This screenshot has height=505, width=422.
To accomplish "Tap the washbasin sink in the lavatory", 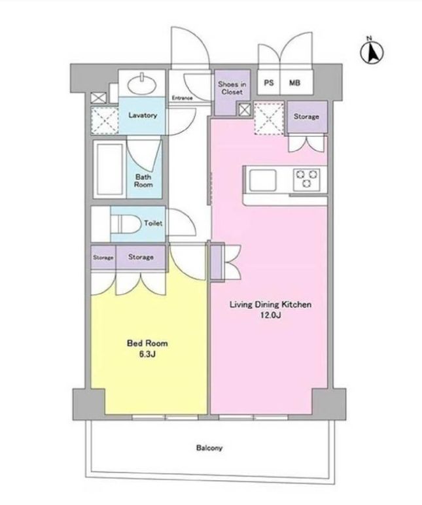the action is (x=142, y=84).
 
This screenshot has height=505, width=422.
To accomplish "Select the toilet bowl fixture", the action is (x=126, y=224).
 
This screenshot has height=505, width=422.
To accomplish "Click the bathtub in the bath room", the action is (x=109, y=169).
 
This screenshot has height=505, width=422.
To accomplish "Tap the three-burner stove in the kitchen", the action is (x=306, y=179).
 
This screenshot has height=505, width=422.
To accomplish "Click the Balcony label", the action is (x=209, y=447).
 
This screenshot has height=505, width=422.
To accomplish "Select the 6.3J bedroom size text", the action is (x=148, y=355).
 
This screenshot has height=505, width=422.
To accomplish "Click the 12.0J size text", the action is (x=271, y=315).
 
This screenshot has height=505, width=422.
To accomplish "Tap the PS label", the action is (x=269, y=82).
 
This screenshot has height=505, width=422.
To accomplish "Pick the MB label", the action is (x=294, y=83).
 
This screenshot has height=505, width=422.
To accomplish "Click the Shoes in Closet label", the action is (x=232, y=88).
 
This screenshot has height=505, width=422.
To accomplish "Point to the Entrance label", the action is (x=182, y=98).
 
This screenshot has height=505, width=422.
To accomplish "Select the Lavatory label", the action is (x=143, y=115).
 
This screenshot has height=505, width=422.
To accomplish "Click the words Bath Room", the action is (x=143, y=181).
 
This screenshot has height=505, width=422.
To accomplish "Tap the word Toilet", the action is (x=153, y=223).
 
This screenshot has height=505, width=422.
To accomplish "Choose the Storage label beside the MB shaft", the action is (x=306, y=116).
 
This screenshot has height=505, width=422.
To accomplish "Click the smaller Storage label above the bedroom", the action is (x=103, y=258).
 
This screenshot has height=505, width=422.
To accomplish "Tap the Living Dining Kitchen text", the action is (x=271, y=304).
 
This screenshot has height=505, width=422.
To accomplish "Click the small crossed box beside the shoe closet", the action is (x=245, y=110).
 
